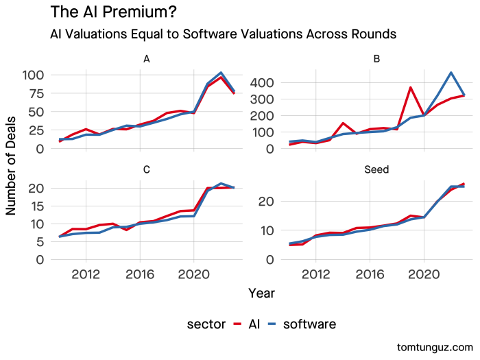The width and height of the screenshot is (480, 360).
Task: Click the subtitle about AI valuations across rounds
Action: click(223, 34)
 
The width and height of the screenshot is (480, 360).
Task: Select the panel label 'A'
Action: click(146, 59)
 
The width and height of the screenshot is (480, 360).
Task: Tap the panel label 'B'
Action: click(376, 59)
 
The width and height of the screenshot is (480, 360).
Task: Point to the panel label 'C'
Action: click(146, 169)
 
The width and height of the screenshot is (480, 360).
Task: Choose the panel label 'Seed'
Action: click(376, 169)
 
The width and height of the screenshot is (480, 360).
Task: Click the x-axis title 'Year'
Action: click(261, 293)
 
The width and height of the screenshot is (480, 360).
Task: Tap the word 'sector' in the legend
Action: click(206, 324)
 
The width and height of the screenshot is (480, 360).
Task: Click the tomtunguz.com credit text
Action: click(434, 347)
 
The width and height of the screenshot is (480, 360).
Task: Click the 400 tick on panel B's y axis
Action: click(263, 83)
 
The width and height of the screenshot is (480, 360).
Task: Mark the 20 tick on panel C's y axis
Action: click(38, 188)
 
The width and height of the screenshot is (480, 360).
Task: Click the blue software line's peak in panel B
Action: click(451, 73)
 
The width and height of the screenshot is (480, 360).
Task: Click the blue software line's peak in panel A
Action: click(221, 73)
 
